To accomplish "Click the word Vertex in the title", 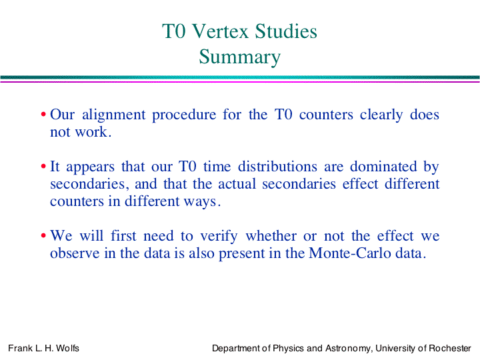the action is tap(221, 31).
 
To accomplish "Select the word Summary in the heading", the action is tap(240, 57).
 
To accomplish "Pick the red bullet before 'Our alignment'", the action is tap(43, 115).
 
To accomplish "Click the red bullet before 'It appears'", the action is tap(43, 167).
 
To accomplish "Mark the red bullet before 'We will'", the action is tap(43, 236).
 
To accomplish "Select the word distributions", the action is tap(277, 167).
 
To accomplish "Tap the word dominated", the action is tap(383, 167).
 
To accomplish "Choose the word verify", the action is tap(219, 237).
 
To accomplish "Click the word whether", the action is tap(271, 236).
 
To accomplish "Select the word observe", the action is tap(75, 253).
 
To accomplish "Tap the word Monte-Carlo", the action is tap(350, 253).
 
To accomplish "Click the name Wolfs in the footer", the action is tap(67, 348).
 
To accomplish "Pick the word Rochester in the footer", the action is tap(450, 348).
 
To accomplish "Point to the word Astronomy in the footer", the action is tap(349, 349).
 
